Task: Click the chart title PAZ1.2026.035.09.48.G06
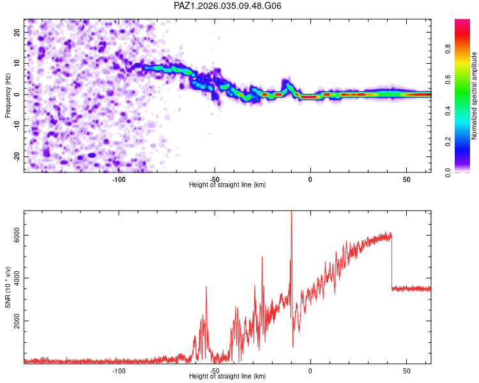(228, 6)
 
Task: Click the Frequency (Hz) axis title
(8, 96)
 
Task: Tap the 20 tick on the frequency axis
(17, 32)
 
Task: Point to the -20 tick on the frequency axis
(16, 156)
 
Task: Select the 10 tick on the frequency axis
(17, 63)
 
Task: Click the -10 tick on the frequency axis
(16, 126)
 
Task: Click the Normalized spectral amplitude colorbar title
(475, 96)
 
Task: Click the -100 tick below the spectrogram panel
(119, 179)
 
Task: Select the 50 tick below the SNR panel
(406, 370)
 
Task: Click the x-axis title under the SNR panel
(227, 377)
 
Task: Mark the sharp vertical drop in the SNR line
(392, 262)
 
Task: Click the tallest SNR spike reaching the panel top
(291, 214)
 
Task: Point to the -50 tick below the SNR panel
(215, 370)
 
